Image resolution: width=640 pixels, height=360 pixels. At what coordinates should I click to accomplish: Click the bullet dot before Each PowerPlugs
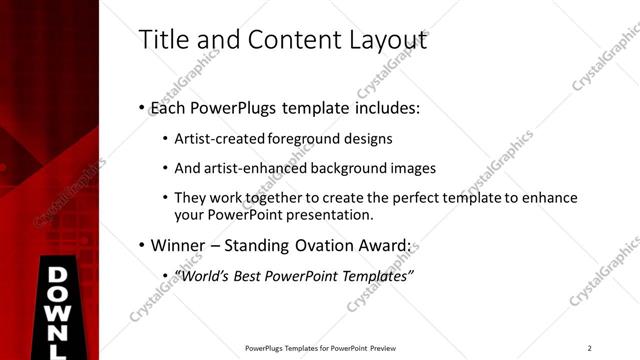[x=141, y=108]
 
